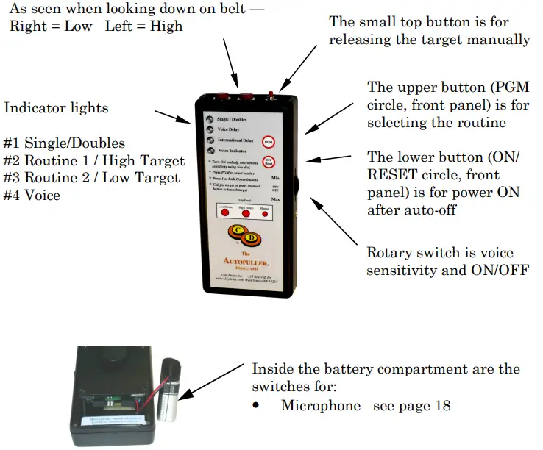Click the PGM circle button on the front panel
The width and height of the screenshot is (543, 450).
click(x=271, y=140)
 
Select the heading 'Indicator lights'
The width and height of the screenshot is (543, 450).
click(x=56, y=108)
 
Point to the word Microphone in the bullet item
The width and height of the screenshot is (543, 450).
click(x=321, y=405)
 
